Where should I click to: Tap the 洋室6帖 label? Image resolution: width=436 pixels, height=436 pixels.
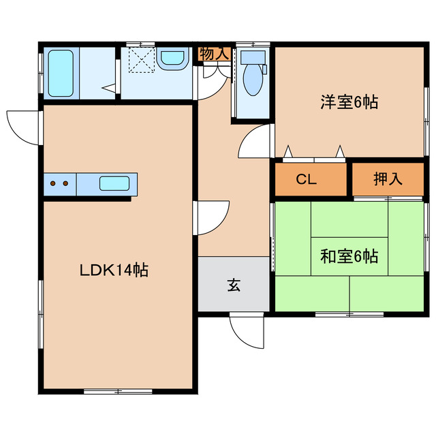pyautogui.click(x=349, y=103)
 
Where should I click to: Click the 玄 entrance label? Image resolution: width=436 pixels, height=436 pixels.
pyautogui.click(x=234, y=285)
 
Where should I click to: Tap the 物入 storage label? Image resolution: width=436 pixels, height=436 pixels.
pyautogui.click(x=214, y=54)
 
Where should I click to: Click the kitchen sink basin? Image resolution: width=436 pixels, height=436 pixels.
pyautogui.click(x=113, y=183)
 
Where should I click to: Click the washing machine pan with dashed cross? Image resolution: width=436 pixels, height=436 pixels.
pyautogui.click(x=142, y=59)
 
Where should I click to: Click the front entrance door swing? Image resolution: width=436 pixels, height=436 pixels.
pyautogui.click(x=245, y=332)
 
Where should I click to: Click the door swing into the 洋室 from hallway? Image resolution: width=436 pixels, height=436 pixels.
pyautogui.click(x=256, y=142)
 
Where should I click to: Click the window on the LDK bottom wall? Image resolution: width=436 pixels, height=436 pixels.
pyautogui.click(x=109, y=391)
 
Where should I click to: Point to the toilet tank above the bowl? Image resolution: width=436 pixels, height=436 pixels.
pyautogui.click(x=253, y=57)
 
